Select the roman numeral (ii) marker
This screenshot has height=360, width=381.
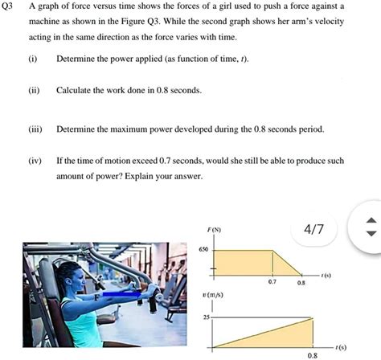(x=33, y=91)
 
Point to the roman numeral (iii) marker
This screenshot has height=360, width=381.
(x=34, y=129)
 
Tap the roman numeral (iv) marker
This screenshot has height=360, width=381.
(x=34, y=161)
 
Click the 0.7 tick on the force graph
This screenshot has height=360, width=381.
(x=272, y=283)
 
